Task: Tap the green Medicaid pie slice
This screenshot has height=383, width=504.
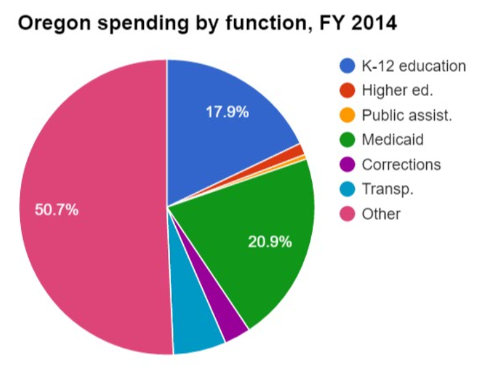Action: (261, 216)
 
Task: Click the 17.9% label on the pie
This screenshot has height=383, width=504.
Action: (227, 112)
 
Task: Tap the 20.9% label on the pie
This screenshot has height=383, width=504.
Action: (269, 242)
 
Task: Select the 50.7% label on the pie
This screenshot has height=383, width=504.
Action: (56, 210)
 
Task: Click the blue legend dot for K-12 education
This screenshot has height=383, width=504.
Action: (348, 65)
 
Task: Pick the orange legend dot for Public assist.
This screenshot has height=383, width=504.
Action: (348, 115)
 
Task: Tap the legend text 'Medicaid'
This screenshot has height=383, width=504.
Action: (392, 140)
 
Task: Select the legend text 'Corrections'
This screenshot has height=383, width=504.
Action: (401, 165)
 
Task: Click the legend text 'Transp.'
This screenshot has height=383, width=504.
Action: (388, 189)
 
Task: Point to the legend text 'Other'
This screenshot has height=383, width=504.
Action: (381, 214)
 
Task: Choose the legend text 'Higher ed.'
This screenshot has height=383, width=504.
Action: (397, 90)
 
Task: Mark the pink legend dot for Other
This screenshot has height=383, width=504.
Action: (348, 214)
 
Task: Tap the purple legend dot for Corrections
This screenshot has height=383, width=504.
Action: (348, 165)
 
